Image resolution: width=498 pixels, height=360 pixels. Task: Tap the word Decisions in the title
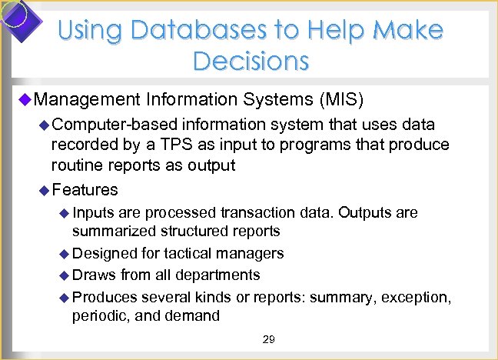pyautogui.click(x=251, y=60)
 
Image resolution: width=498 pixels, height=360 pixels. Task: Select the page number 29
pyautogui.click(x=268, y=339)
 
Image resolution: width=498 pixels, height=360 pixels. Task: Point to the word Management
pyautogui.click(x=87, y=99)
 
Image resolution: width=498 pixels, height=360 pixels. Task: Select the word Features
pyautogui.click(x=85, y=189)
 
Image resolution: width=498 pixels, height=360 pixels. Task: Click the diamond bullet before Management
pyautogui.click(x=24, y=99)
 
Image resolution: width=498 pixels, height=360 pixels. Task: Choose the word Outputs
pyautogui.click(x=363, y=212)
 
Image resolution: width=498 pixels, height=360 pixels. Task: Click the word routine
pyautogui.click(x=75, y=165)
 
